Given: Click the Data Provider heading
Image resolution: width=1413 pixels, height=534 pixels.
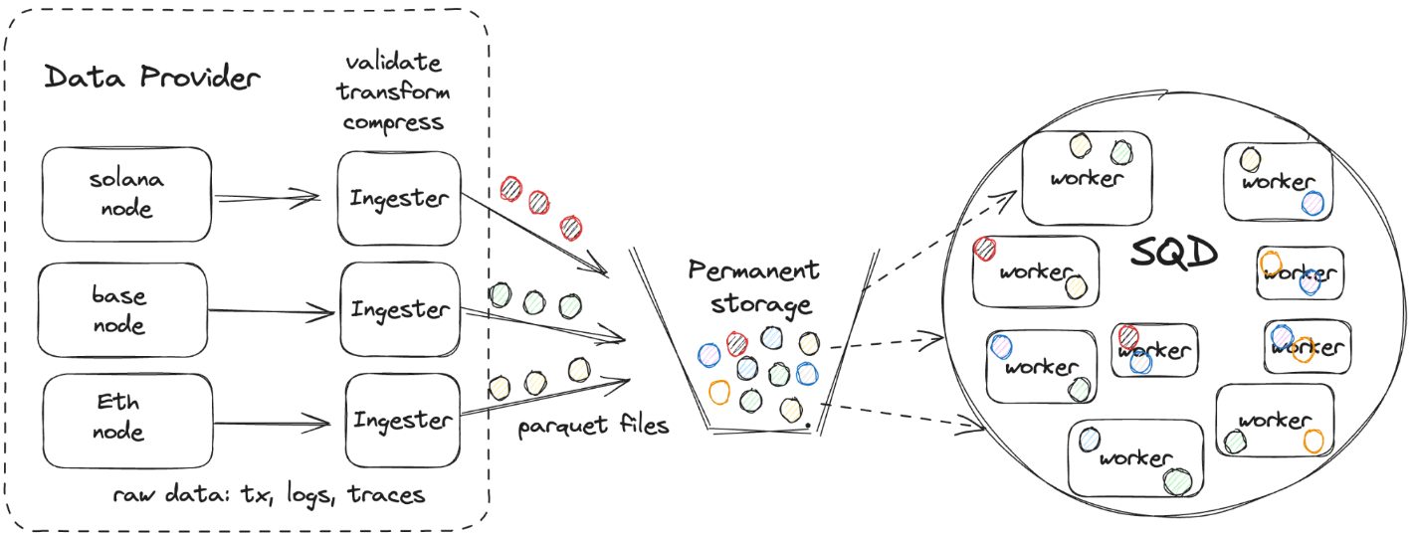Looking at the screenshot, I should pos(152,79).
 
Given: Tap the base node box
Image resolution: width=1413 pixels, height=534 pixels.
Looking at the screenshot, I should pos(120,310).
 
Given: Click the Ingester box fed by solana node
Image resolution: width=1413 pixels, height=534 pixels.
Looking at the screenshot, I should pos(398,197).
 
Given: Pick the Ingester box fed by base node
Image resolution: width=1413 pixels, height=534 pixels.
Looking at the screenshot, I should pos(399,309).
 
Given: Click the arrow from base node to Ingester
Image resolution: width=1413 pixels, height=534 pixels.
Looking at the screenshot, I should pos(271,312).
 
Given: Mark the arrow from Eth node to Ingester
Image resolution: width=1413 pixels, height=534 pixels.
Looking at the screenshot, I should pos(271,425).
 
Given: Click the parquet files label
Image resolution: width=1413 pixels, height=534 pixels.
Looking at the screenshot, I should pos(593,428).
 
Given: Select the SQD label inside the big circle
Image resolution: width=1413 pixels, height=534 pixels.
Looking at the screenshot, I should pos(1174,255).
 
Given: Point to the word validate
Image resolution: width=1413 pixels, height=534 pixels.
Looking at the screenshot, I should pos(393,62).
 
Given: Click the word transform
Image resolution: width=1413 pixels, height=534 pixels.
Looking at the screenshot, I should pos(393,92).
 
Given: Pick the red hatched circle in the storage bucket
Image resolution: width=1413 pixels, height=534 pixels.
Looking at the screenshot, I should pos(737,344).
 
